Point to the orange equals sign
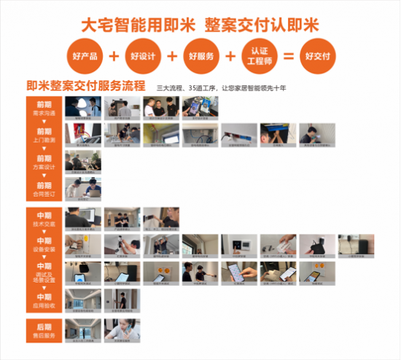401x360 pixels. [288, 56]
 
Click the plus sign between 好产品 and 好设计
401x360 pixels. [114, 56]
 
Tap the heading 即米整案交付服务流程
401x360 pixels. [85, 86]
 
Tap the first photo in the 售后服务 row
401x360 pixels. [83, 329]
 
